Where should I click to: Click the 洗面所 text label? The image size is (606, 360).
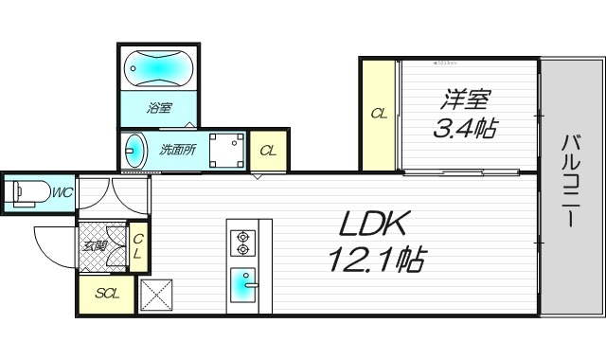tap(176, 149)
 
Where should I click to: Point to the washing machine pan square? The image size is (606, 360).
tap(225, 149)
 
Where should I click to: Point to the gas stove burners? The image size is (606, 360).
tap(243, 243)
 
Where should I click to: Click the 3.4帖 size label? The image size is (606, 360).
tap(465, 127)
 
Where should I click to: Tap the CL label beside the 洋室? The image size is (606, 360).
tap(379, 115)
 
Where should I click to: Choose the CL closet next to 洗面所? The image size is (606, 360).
tap(268, 150)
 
